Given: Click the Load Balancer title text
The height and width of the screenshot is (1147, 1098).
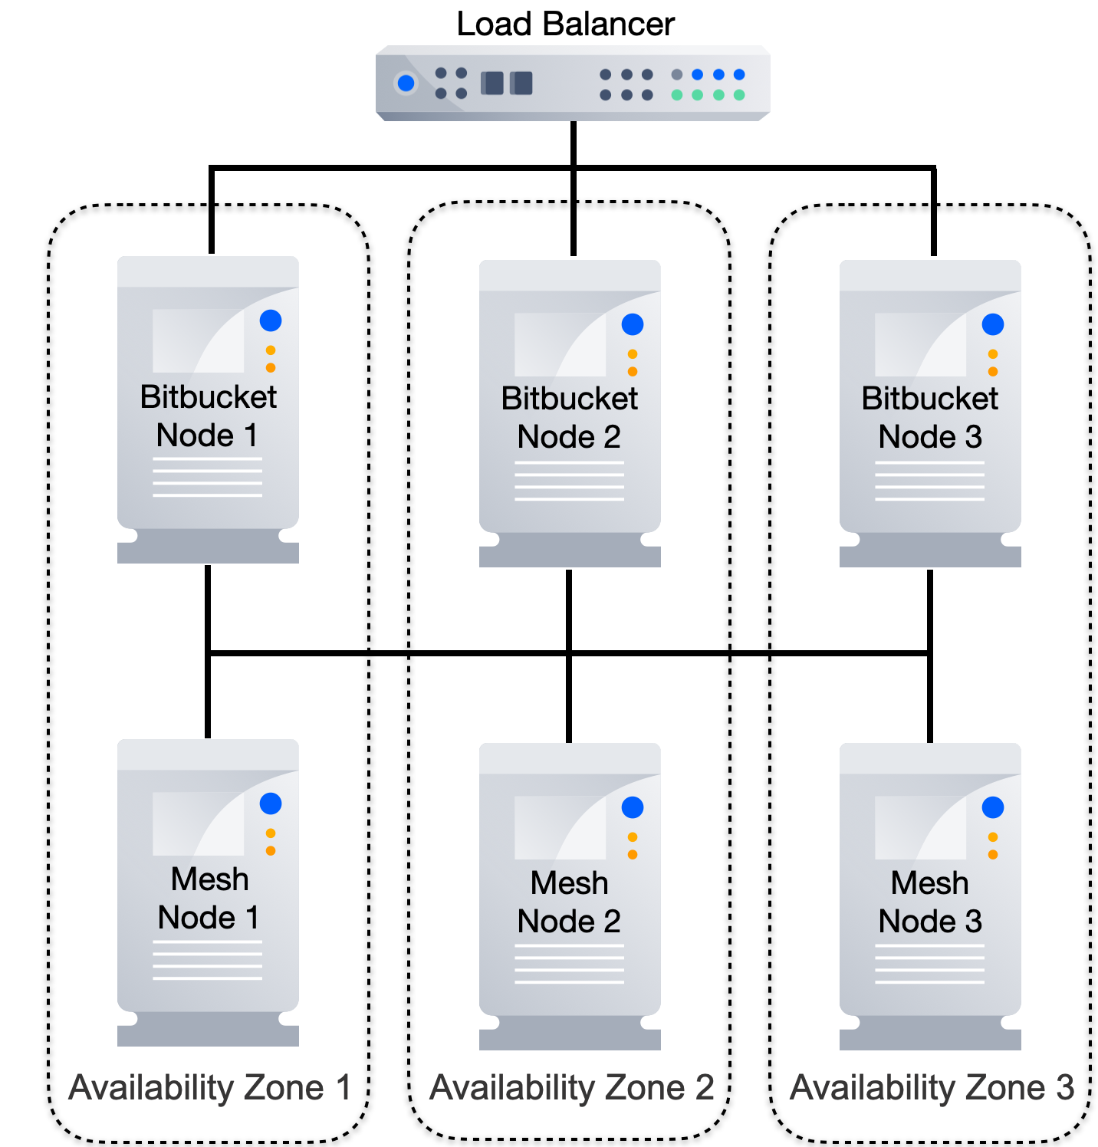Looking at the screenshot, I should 565,24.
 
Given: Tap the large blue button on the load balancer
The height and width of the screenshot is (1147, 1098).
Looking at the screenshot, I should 406,83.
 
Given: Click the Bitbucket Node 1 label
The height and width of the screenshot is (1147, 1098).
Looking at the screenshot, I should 208,416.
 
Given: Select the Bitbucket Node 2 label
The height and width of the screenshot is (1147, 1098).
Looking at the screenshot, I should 569,418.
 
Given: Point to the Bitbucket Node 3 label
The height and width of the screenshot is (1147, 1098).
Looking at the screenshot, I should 929,418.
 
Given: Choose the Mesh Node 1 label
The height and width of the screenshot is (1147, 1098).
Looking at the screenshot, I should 209,899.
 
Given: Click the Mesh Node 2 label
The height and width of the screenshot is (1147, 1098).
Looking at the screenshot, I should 569,902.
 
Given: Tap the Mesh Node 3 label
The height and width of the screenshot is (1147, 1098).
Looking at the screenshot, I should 929,902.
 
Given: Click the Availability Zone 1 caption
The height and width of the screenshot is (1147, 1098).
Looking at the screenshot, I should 209,1087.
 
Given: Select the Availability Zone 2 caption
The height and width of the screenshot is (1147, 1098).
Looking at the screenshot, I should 571,1087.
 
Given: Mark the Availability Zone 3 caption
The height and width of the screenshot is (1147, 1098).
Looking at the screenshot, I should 932,1087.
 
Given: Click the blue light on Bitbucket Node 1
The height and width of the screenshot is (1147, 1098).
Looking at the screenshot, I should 271,320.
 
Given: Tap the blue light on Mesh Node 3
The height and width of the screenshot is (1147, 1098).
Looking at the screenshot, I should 992,807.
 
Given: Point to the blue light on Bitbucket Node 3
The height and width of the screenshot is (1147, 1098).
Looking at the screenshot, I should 992,324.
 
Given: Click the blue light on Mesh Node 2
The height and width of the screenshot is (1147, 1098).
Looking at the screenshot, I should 632,807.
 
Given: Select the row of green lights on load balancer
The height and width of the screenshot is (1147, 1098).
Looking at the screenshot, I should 708,95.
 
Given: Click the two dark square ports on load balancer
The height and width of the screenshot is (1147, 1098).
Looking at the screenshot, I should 506,83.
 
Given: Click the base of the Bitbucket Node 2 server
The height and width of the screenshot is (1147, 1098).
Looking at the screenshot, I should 569,552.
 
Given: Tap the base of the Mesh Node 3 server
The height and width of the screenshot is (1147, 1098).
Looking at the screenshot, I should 929,1035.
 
